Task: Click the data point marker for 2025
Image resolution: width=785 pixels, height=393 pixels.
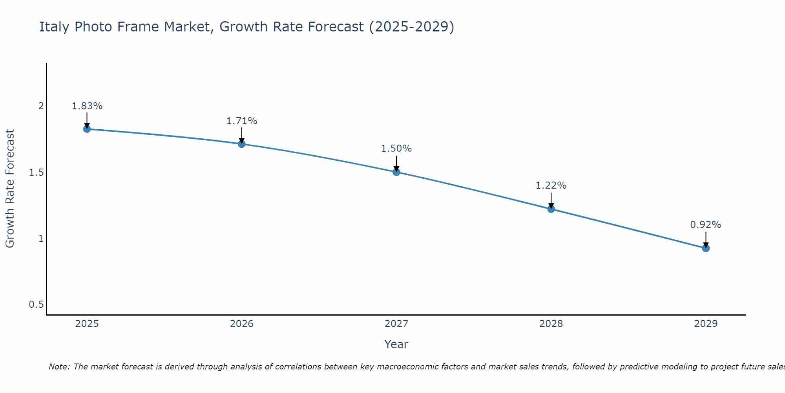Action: pyautogui.click(x=87, y=129)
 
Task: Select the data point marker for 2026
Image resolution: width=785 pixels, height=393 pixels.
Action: pyautogui.click(x=242, y=144)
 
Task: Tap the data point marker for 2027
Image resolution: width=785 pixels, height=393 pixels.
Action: pyautogui.click(x=396, y=172)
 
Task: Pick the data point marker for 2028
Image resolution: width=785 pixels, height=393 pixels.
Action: pyautogui.click(x=551, y=209)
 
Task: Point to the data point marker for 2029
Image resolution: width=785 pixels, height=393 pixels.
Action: pyautogui.click(x=706, y=248)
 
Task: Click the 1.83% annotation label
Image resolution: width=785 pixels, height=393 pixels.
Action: pyautogui.click(x=87, y=106)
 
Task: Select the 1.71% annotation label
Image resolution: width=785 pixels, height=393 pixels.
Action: pyautogui.click(x=242, y=121)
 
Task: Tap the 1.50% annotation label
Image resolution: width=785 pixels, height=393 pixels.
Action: pyautogui.click(x=396, y=149)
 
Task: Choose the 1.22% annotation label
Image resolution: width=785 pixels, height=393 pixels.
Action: pyautogui.click(x=551, y=185)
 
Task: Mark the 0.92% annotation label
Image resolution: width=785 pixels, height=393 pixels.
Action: pyautogui.click(x=706, y=225)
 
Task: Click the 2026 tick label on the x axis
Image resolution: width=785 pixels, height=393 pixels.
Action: pyautogui.click(x=242, y=324)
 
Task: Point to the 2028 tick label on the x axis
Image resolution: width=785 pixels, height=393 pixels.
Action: pyautogui.click(x=551, y=324)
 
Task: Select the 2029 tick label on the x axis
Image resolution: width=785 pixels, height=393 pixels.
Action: pyautogui.click(x=706, y=324)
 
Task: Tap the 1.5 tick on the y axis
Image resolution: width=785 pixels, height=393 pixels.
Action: pyautogui.click(x=36, y=173)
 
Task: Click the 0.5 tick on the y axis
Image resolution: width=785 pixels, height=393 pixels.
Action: pyautogui.click(x=36, y=305)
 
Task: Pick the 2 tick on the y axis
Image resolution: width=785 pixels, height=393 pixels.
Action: pyautogui.click(x=40, y=106)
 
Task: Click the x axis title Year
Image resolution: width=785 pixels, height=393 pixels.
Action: pyautogui.click(x=396, y=344)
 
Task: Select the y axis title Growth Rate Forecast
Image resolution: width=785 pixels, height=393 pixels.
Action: pyautogui.click(x=10, y=189)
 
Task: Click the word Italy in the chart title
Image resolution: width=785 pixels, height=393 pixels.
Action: pyautogui.click(x=55, y=27)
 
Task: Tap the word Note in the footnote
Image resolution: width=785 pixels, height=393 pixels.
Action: pyautogui.click(x=59, y=367)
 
